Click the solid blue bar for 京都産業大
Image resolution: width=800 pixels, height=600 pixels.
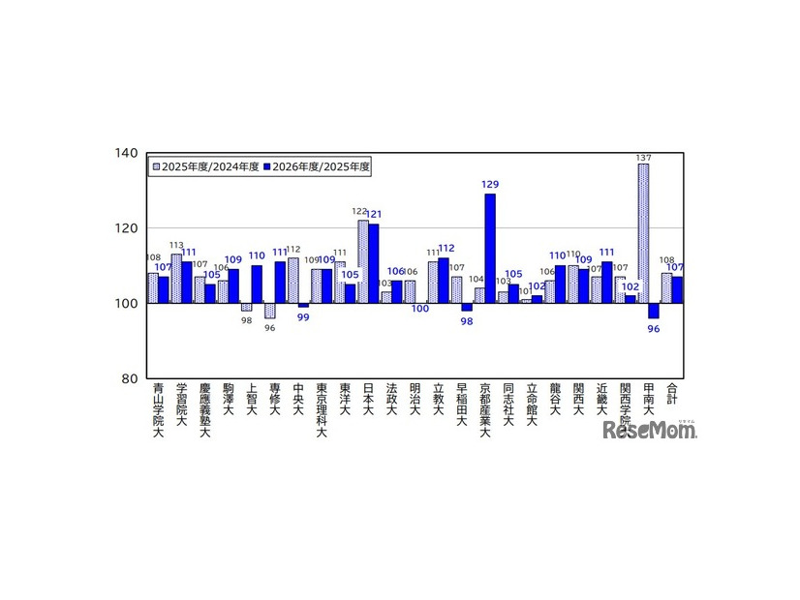490,249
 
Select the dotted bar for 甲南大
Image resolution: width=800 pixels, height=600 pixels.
643,233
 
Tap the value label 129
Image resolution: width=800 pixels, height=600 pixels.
490,184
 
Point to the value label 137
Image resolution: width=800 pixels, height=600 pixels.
643,157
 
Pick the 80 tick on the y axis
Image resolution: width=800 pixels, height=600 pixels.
129,378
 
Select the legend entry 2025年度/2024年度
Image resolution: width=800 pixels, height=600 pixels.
204,166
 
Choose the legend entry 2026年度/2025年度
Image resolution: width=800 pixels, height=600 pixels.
318,166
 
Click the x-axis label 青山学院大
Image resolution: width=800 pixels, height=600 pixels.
158,411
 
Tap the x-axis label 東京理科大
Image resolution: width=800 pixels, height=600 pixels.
322,411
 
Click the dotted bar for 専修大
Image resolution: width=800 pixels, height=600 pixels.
270,311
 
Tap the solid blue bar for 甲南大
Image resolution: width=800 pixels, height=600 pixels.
654,311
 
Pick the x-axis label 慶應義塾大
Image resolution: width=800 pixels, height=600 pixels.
204,411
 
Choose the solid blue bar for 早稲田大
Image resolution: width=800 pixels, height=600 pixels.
467,307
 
